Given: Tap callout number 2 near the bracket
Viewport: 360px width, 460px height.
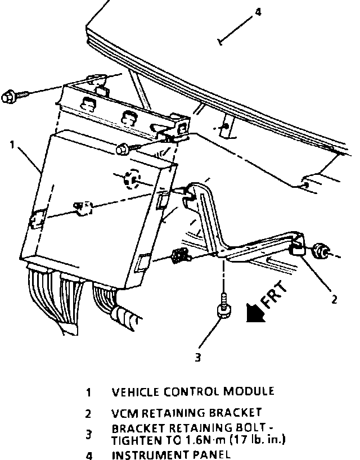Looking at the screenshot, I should (x=335, y=299).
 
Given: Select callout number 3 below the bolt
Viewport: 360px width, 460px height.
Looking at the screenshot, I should (x=197, y=356).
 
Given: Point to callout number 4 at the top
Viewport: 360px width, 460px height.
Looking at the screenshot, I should (x=257, y=11).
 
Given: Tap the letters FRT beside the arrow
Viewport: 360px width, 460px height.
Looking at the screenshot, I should (x=275, y=295).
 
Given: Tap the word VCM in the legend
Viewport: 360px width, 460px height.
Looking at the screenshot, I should (x=124, y=413).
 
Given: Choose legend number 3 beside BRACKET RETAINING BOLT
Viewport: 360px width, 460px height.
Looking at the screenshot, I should (x=88, y=434).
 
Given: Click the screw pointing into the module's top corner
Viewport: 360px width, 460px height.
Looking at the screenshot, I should (x=123, y=150).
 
